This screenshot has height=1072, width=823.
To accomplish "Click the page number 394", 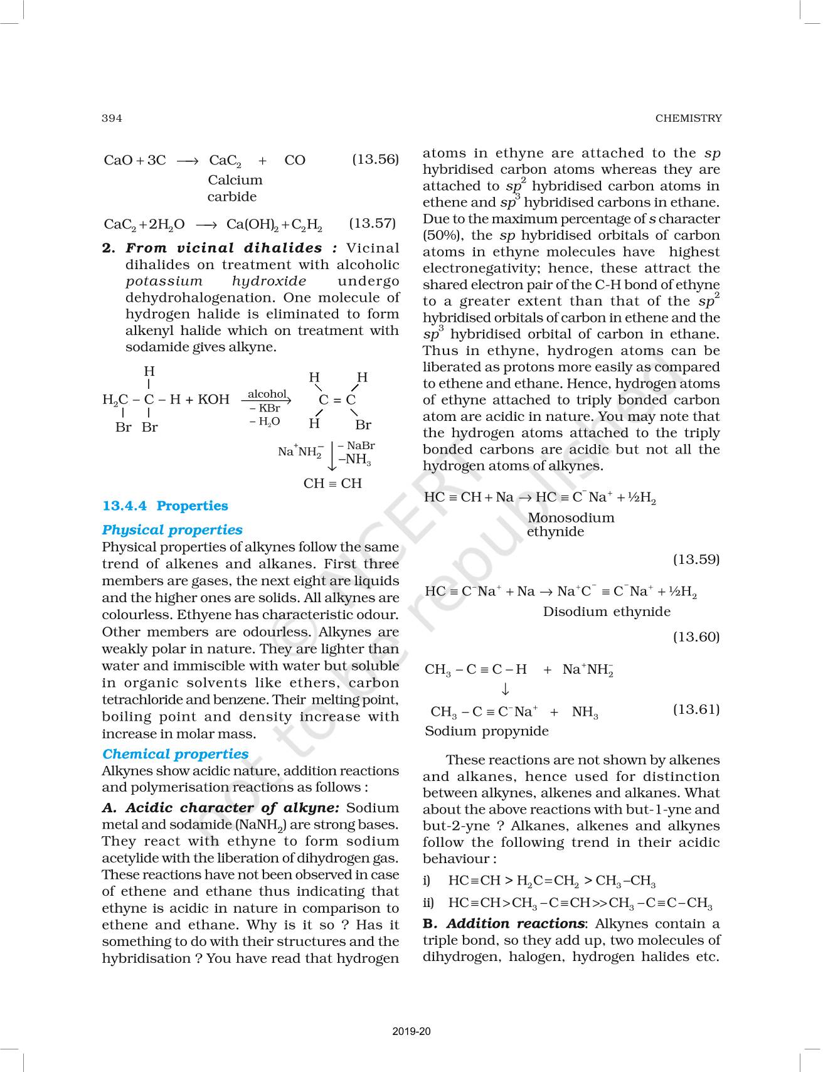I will pos(112,118).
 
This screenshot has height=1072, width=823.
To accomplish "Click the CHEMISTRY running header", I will pos(688,118).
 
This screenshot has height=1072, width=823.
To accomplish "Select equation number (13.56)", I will pos(375,159).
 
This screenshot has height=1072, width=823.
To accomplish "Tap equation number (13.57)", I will pos(373,223).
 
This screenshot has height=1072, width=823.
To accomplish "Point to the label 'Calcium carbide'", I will pos(235,188).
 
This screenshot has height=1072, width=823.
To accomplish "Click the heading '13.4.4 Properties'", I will pos(165,506).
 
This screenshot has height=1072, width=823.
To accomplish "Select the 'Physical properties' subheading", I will pos(172,529).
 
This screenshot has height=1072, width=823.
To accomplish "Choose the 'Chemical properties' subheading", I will pos(175,754).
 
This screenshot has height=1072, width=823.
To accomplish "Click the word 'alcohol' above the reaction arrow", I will pos(267,393).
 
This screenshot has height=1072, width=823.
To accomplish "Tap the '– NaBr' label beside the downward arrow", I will pos(356,445).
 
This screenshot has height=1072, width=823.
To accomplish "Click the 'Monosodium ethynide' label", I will pos(570,524).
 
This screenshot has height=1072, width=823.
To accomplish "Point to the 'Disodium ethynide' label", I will pos(606,612).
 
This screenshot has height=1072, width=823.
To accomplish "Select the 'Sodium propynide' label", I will pos(486,731).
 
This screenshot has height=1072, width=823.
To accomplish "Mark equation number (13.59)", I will pos(696,559).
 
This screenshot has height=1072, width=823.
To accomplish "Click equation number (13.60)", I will pos(696,637).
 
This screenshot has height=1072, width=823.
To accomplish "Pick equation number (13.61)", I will pos(696,709).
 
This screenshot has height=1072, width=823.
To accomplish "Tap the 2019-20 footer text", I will pos(411,1031).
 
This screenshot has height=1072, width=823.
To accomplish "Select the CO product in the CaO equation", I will pos(295,160).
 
